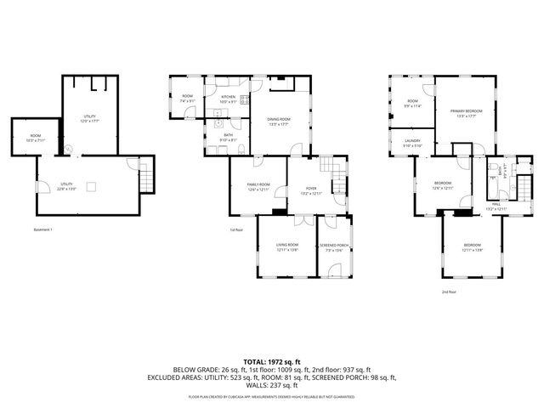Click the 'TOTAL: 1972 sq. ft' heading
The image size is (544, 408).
click(x=272, y=361)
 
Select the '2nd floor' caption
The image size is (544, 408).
click(x=448, y=292)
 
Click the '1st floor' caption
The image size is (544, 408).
click(x=237, y=230)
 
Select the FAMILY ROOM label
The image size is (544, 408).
click(x=258, y=187)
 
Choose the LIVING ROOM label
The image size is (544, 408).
click(x=286, y=247)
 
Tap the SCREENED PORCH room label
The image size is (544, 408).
click(x=334, y=247)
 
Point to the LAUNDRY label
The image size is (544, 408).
click(x=413, y=144)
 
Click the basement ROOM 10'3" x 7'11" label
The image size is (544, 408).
click(x=36, y=138)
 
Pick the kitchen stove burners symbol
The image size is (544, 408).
click(x=245, y=100)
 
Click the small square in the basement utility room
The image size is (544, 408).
click(x=95, y=185)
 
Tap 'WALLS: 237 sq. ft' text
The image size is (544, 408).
click(x=272, y=384)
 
